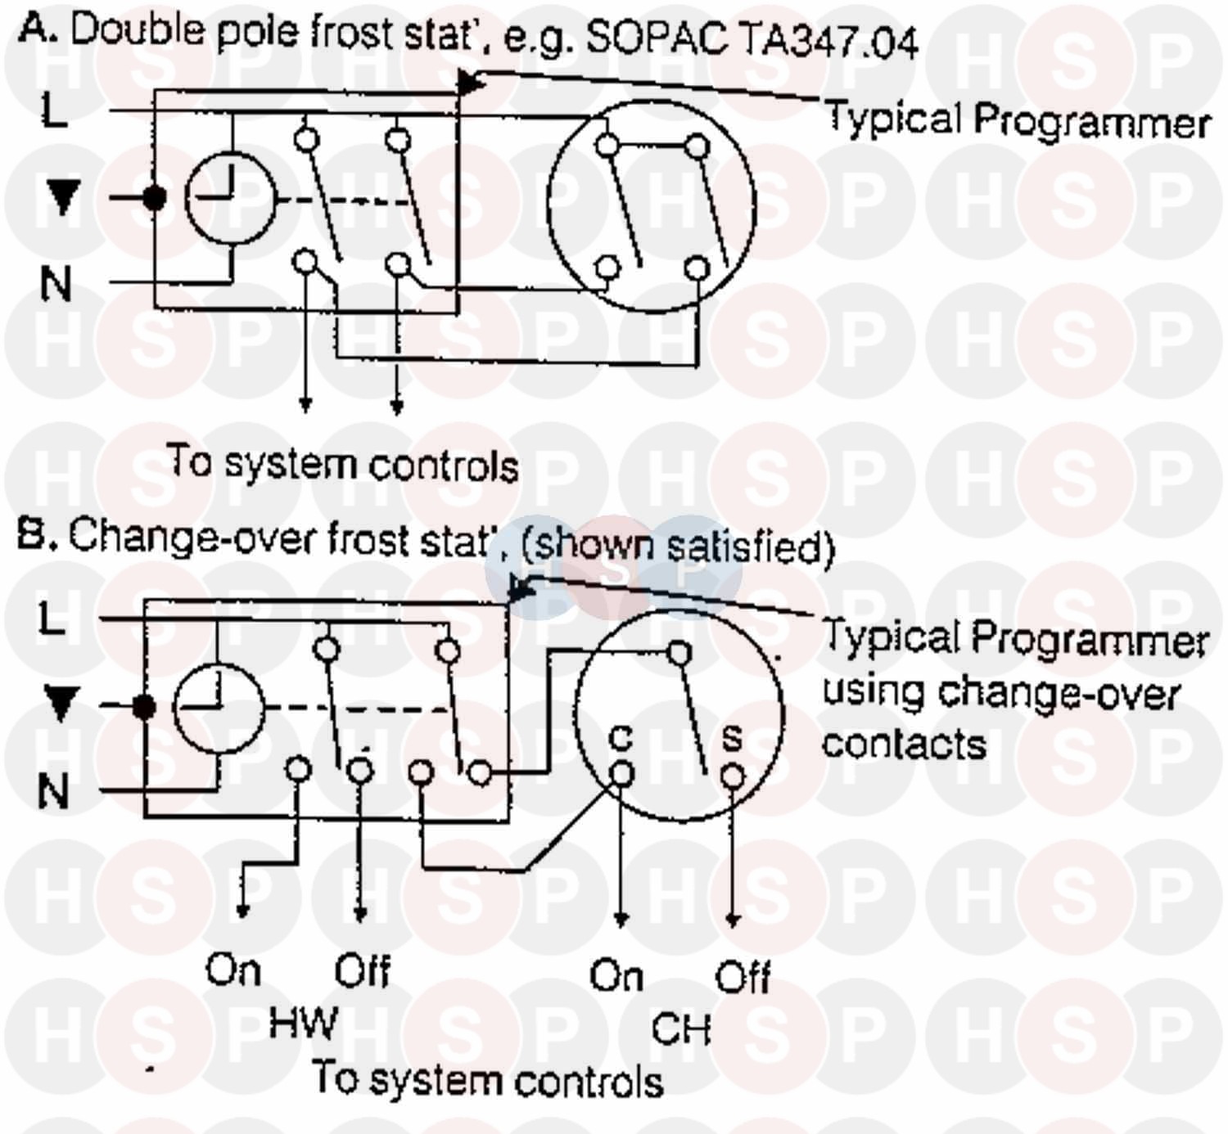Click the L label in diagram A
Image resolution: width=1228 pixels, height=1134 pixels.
[x=54, y=110]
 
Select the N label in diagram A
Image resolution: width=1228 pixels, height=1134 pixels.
[x=56, y=284]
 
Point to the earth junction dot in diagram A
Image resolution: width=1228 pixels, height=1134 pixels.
[x=154, y=198]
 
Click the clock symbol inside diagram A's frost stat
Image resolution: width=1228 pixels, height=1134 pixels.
[x=231, y=199]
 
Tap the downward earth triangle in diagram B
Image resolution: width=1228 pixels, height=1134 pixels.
[x=61, y=704]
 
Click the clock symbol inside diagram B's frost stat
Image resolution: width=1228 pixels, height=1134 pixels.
[x=219, y=709]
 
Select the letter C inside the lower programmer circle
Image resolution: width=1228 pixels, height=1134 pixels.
[x=621, y=738]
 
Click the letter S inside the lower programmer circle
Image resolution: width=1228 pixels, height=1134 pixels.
[x=732, y=738]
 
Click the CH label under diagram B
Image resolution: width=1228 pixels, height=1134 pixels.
[x=681, y=1028]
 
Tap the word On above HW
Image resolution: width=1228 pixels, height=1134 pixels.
[x=233, y=969]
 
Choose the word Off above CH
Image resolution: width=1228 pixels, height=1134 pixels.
[x=742, y=976]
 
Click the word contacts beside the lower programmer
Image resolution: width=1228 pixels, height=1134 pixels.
[x=904, y=744]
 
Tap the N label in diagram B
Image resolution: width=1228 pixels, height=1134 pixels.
[x=53, y=791]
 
